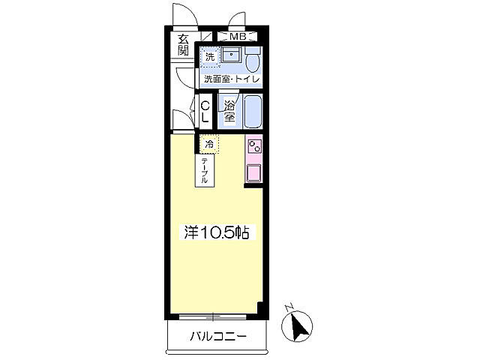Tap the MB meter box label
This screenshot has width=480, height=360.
tap(238, 36)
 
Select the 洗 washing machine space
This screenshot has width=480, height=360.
tap(210, 56)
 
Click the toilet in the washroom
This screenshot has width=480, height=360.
tap(253, 59)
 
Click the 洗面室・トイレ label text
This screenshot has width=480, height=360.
tap(230, 78)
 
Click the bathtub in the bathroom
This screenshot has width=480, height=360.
tap(253, 112)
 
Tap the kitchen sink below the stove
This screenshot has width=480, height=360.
tap(254, 172)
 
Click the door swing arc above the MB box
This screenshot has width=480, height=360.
tap(238, 19)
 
